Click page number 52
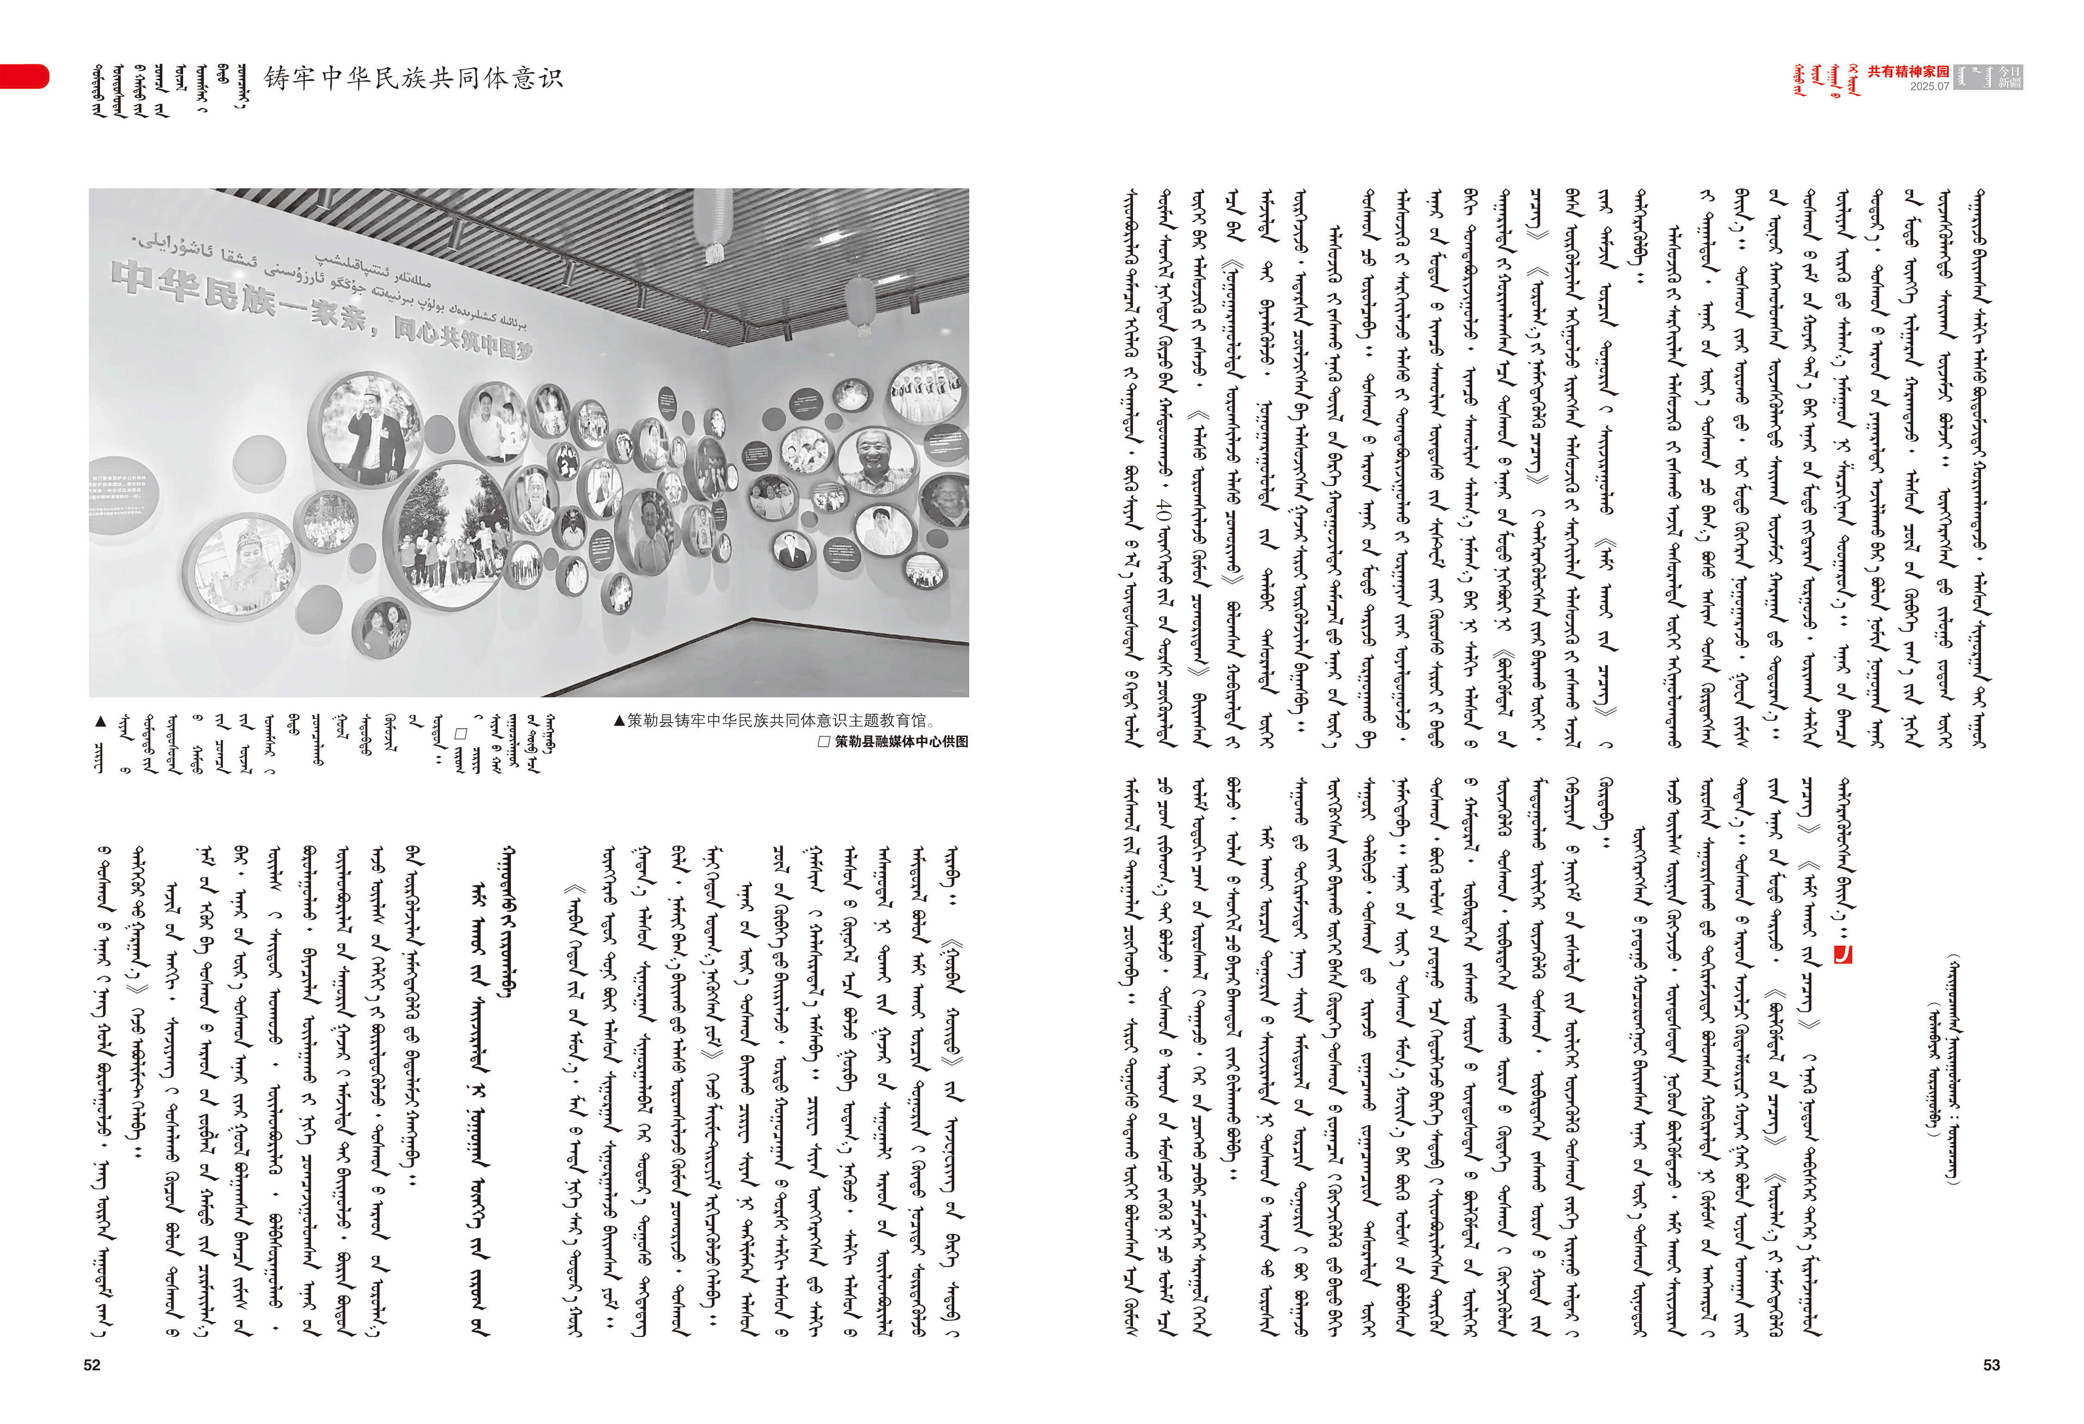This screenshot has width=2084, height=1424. click(x=92, y=1365)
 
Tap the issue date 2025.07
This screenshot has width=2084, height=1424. click(x=1929, y=87)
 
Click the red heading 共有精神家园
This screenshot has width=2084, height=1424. click(x=1908, y=72)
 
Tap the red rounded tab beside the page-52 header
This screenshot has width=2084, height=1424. click(x=24, y=76)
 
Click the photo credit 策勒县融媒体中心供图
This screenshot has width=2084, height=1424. click(x=901, y=742)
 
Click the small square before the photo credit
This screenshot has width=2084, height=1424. click(x=824, y=742)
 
